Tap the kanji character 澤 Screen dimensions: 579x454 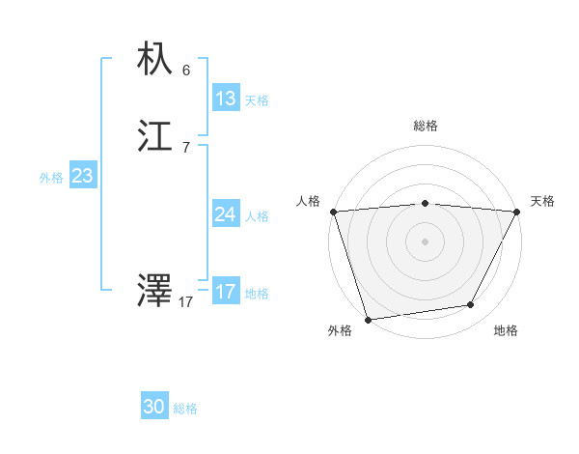[x=154, y=291]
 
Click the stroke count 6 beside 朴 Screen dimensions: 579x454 [x=186, y=71]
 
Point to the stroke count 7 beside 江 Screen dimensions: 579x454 [x=186, y=148]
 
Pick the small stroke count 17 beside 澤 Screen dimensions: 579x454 [x=186, y=302]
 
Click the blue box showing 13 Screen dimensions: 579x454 [x=226, y=99]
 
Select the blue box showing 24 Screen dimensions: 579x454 [x=226, y=214]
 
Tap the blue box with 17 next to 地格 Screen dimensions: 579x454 [x=226, y=292]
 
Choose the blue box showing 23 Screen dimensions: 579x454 [x=82, y=176]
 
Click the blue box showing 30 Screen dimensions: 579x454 [x=154, y=408]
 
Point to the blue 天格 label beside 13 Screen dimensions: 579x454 [x=257, y=100]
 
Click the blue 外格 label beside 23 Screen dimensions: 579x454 [x=51, y=178]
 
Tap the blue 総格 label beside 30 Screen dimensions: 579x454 [x=185, y=410]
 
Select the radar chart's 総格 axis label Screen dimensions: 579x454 [x=426, y=126]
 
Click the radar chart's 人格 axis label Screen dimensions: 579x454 [x=308, y=201]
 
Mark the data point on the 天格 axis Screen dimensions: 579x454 [x=517, y=212]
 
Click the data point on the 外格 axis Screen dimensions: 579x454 [x=368, y=319]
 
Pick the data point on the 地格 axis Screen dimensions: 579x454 [x=471, y=305]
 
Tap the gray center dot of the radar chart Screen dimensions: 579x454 [x=426, y=241]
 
